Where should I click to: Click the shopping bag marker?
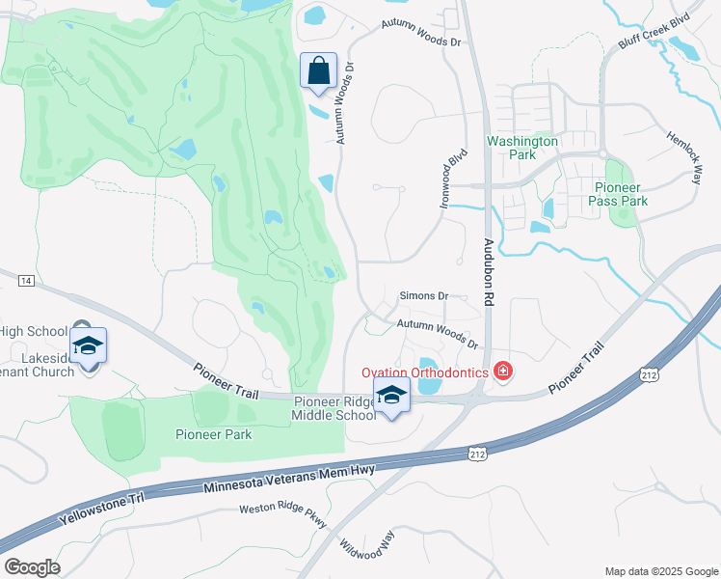coord(318,71)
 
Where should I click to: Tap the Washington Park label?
coord(522,148)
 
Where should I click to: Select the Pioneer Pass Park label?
coord(621,194)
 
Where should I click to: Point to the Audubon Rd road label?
coord(489,273)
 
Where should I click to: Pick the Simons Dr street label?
coord(424,296)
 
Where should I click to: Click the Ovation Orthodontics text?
coord(424,372)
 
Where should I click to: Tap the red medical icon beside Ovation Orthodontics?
coord(501,371)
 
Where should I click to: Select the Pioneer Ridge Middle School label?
coord(334,408)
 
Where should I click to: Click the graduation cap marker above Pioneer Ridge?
coord(391,395)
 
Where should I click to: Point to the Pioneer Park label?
coord(213,434)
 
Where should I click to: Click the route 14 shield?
coord(25,280)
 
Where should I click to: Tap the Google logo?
coord(32,567)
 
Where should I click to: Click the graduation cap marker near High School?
coord(88,345)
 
